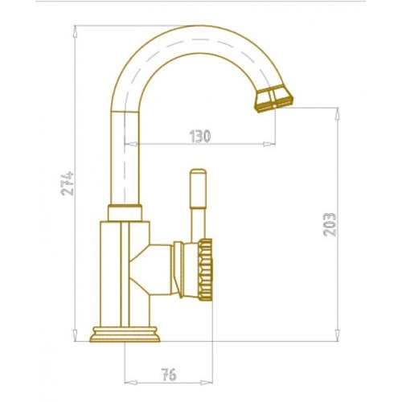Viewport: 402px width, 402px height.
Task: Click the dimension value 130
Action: point(200,136)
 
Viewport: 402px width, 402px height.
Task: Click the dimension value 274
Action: point(68,183)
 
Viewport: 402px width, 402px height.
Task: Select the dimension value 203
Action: point(330,224)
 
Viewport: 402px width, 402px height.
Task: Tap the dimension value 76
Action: point(169,375)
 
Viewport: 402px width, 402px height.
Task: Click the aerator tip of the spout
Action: point(273,98)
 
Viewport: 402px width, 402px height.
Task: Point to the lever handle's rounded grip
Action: point(198,188)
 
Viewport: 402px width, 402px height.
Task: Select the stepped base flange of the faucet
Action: point(125,334)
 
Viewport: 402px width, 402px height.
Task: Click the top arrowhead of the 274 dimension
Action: point(75,31)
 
